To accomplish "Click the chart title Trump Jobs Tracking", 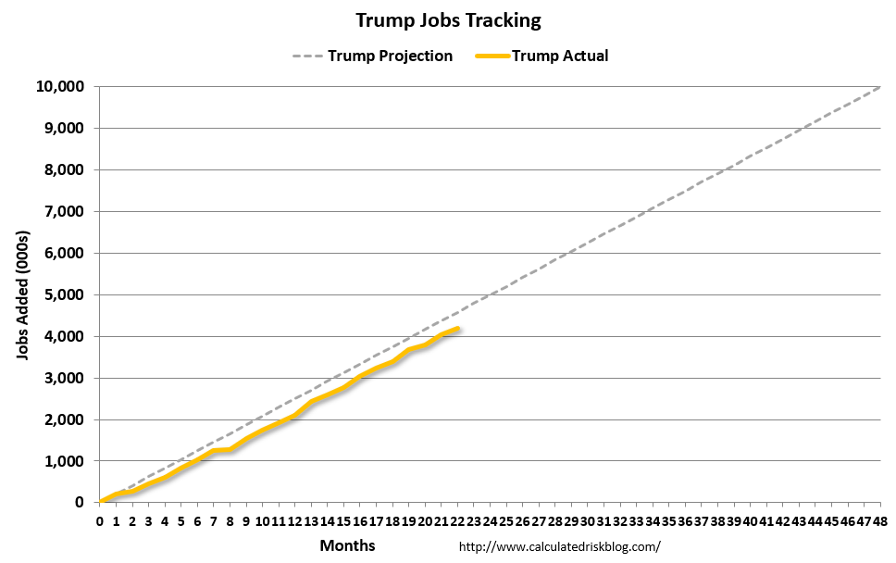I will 448,20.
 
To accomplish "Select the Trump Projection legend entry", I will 390,56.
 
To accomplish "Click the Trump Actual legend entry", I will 560,56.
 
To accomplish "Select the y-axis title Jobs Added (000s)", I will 24,294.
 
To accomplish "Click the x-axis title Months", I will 348,545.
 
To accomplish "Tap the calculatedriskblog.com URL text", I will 560,546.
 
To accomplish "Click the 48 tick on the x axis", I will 879,521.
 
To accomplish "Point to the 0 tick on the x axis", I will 100,521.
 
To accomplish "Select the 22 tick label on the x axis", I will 457,521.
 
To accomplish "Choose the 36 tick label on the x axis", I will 685,521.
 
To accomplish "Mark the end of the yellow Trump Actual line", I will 458,329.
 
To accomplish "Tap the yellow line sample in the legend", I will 492,56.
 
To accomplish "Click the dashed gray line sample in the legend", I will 307,56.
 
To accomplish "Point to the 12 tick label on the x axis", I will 295,521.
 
